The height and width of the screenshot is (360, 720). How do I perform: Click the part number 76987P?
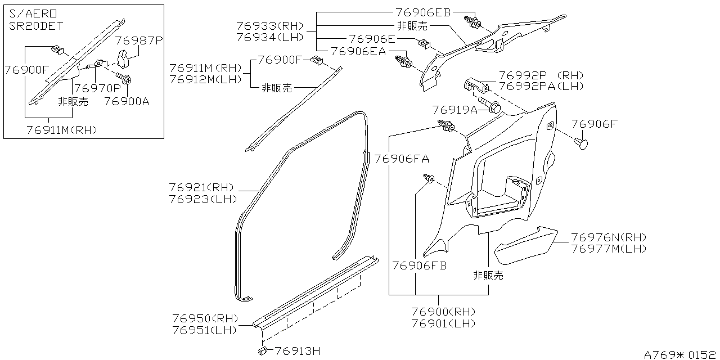click(x=139, y=40)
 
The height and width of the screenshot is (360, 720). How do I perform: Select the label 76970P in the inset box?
click(x=97, y=88)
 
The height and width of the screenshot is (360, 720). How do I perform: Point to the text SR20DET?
click(x=35, y=26)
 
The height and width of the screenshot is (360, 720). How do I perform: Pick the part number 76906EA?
click(x=358, y=51)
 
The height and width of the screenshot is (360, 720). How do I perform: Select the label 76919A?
click(x=454, y=110)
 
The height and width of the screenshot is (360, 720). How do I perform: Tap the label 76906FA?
click(x=402, y=159)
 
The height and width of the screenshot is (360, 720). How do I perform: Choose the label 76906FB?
click(x=419, y=265)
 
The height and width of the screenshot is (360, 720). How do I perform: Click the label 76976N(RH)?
click(x=609, y=237)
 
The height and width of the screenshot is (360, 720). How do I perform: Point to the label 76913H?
click(x=298, y=352)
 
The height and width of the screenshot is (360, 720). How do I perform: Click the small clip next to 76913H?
click(x=263, y=351)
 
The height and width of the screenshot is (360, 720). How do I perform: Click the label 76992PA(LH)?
click(x=541, y=87)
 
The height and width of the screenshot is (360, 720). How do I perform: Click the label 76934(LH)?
click(x=270, y=38)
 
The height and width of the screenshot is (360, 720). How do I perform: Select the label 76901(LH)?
click(x=443, y=323)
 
